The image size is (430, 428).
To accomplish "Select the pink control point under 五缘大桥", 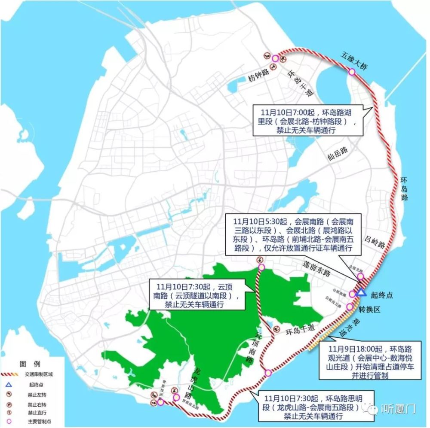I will point(352,73).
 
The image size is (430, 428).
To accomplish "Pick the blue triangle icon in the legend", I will point(8,385).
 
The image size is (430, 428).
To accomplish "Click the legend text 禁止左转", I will point(37,395).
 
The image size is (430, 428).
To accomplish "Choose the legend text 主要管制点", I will point(40,422).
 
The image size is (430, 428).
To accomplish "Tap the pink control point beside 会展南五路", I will point(350,307).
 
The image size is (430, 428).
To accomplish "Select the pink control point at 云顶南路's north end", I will point(261,267).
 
